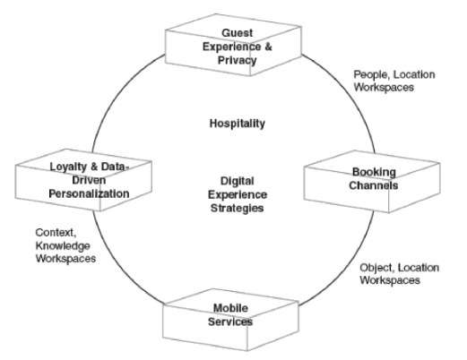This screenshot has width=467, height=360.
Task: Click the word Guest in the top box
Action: [x=238, y=33]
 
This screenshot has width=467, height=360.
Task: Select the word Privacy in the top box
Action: [x=238, y=60]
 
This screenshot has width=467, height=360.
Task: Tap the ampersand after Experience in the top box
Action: [x=268, y=47]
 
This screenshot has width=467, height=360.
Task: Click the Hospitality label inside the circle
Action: [x=238, y=124]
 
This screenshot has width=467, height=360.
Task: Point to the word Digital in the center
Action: [x=238, y=181]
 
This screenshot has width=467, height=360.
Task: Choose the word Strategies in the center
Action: [x=238, y=208]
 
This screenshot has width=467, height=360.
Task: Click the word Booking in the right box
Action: [x=374, y=172]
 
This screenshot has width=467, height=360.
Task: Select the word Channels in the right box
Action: [x=374, y=185]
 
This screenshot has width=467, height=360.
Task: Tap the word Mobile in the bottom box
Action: [x=230, y=308]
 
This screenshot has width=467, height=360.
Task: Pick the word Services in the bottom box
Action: [x=230, y=321]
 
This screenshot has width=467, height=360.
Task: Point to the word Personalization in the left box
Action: [x=89, y=193]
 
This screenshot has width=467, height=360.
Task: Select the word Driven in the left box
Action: [x=89, y=180]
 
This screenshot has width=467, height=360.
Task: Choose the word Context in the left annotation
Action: [x=56, y=233]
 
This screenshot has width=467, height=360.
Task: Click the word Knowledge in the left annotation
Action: [x=63, y=245]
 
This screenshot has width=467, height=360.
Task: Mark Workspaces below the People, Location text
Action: [x=384, y=88]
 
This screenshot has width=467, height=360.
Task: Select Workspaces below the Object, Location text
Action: [x=390, y=280]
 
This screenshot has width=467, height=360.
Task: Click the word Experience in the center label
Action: [x=238, y=194]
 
